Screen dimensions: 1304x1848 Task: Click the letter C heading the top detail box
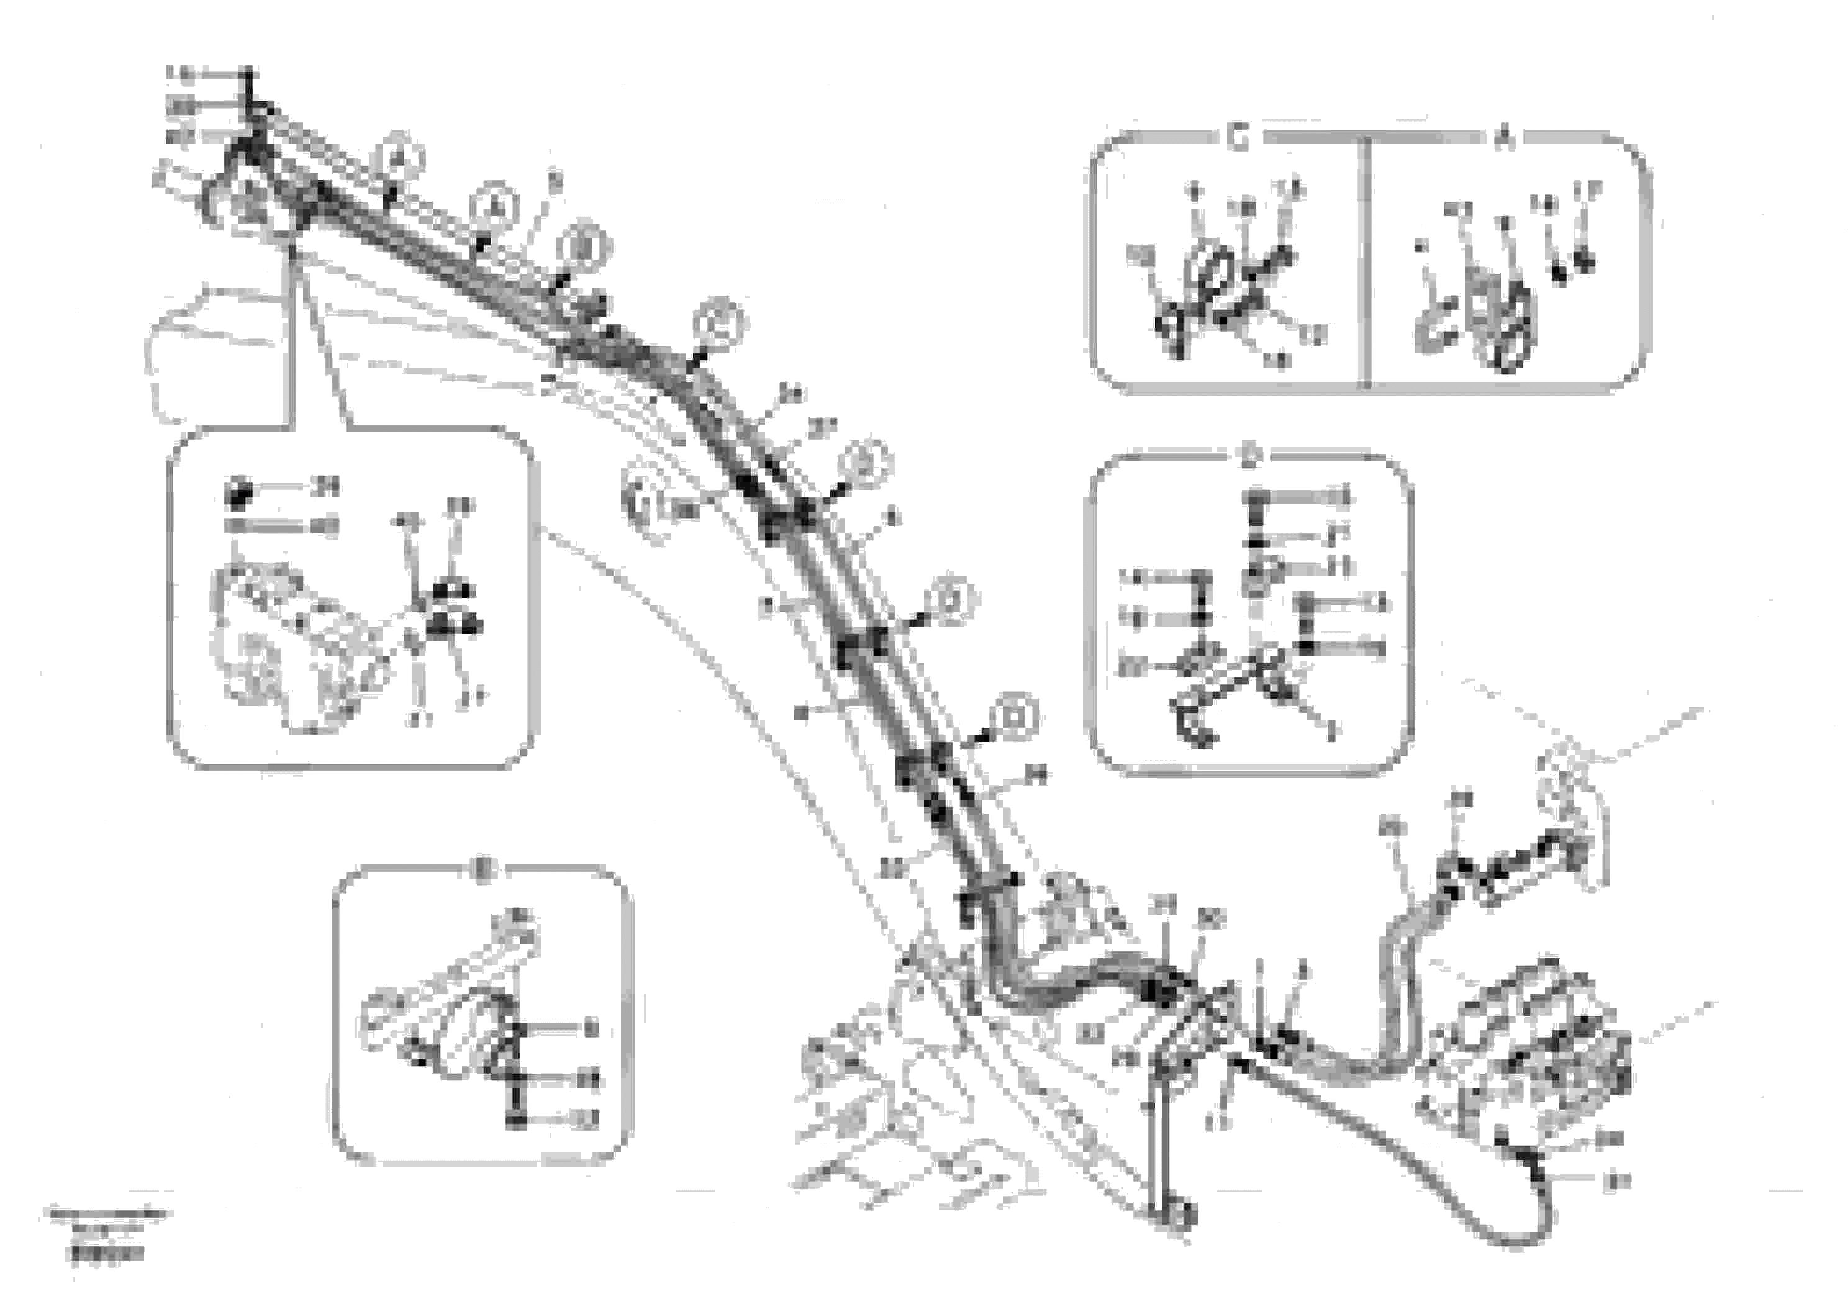pos(1238,138)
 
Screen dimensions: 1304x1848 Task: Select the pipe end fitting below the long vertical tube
pos(1177,1215)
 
